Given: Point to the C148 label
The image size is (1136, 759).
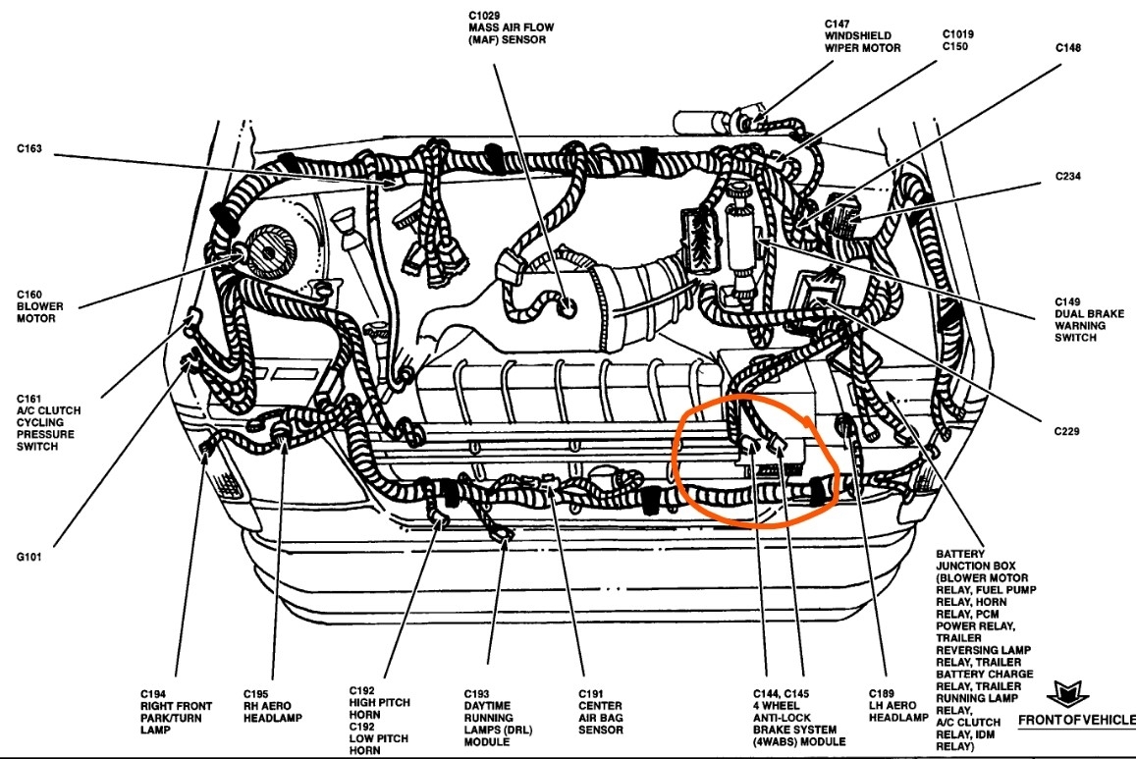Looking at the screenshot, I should coord(1068,47).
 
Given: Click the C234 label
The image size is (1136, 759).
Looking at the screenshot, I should coord(1068,178).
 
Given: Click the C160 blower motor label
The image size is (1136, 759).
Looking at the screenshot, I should coord(36,306).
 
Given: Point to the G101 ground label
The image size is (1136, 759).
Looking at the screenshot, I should coord(30,556).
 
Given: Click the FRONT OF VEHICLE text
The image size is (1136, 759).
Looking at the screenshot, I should coord(1075,721).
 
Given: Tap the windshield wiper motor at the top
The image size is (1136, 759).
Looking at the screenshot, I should coord(713,122).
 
